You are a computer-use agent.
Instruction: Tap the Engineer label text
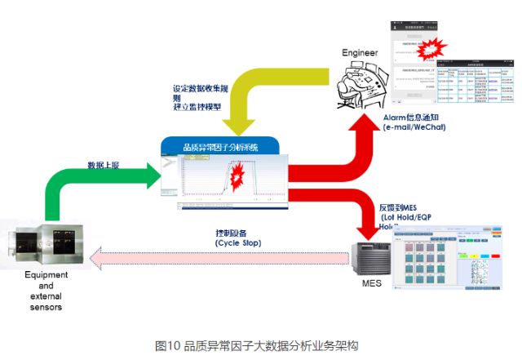click(x=361, y=53)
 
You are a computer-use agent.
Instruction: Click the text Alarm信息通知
click(x=414, y=117)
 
